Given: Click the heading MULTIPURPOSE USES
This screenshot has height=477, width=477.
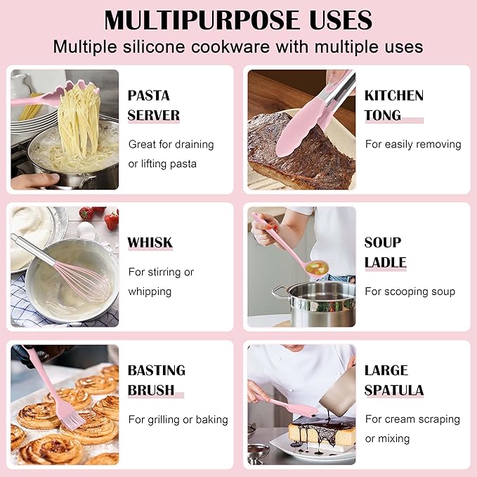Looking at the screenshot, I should (238, 20).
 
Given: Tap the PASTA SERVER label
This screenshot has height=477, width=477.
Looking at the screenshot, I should (153, 105).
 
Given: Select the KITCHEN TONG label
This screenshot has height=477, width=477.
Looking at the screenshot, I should (393, 105).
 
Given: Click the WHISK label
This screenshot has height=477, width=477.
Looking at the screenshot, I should (150, 243).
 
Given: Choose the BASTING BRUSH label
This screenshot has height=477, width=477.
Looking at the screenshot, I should (156, 380).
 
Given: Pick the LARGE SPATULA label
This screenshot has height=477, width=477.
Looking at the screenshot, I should (393, 380).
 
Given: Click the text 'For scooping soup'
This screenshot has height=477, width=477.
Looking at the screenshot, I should (410, 292).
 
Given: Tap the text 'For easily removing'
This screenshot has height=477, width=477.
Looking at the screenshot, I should (413, 144).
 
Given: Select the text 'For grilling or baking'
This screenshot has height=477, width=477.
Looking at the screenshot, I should (178, 419).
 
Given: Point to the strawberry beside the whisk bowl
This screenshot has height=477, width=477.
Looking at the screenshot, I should (111, 220).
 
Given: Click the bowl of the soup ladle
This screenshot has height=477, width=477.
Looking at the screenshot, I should (318, 267).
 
